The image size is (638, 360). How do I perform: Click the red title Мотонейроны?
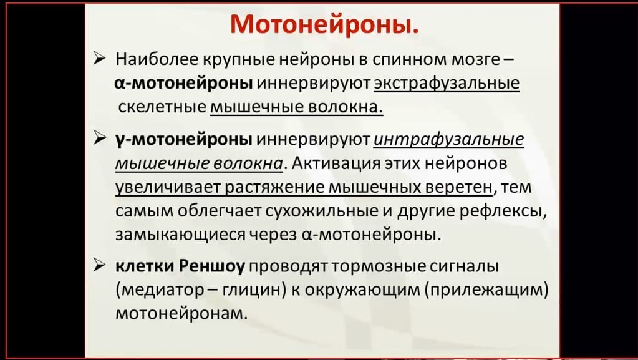(x=324, y=25)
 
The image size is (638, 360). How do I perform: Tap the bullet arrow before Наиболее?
(x=99, y=59)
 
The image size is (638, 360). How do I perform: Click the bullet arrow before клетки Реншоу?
(x=99, y=265)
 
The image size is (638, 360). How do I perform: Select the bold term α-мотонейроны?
(x=183, y=83)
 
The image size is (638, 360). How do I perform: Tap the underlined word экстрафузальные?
(x=447, y=83)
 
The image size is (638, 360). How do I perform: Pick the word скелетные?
(x=162, y=107)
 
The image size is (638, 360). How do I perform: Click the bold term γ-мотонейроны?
(x=184, y=139)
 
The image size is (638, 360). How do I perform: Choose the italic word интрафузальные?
(x=448, y=139)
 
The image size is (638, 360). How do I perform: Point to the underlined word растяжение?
(x=274, y=187)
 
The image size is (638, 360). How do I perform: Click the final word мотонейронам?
(x=181, y=314)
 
